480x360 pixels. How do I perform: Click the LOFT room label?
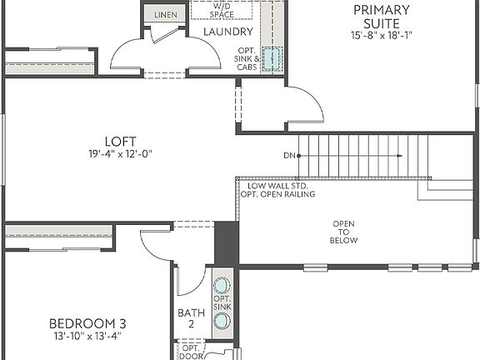(x=120, y=141)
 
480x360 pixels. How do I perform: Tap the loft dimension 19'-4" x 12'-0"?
(x=120, y=153)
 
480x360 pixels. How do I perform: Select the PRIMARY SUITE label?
(x=382, y=16)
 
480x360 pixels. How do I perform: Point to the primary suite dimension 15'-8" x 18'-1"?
(x=382, y=35)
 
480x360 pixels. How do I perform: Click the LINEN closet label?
(x=165, y=15)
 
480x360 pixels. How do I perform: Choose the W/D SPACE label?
(x=222, y=9)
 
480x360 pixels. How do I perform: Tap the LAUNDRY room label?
(x=227, y=32)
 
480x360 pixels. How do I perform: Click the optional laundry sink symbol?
(x=272, y=60)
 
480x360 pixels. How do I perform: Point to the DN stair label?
(x=289, y=156)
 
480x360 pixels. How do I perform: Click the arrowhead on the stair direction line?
(x=400, y=156)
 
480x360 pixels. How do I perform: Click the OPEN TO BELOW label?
(x=344, y=232)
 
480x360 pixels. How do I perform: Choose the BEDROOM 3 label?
(x=87, y=323)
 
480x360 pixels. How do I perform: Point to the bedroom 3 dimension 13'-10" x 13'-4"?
(x=87, y=337)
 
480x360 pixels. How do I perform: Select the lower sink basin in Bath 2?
(x=222, y=321)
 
